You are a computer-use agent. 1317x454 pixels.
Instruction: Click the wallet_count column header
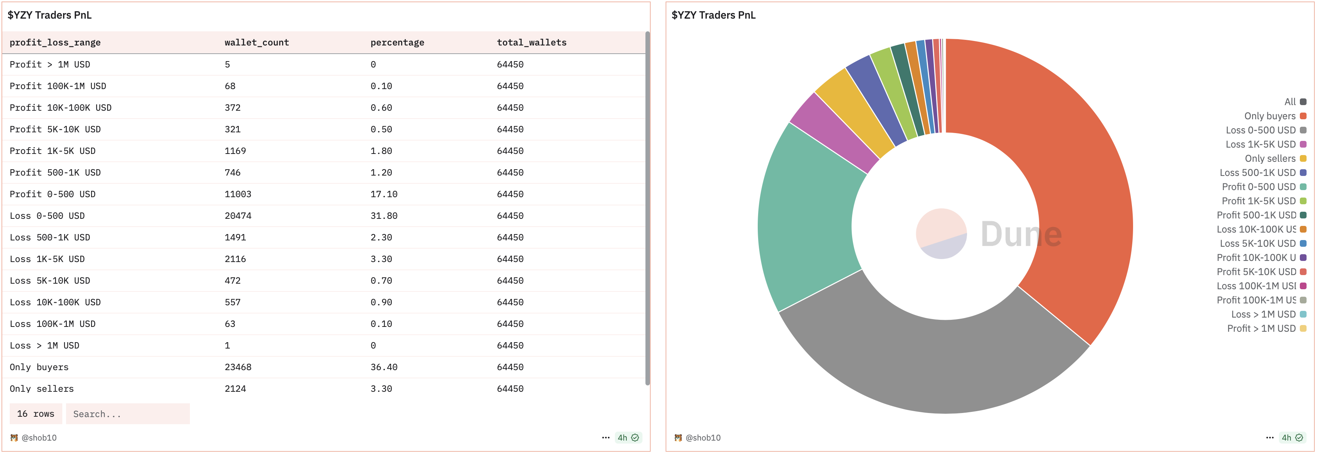click(x=257, y=42)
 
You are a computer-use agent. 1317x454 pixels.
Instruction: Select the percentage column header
click(x=397, y=42)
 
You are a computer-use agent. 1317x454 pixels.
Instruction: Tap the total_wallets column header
click(x=531, y=42)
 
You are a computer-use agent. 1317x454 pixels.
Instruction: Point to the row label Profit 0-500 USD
click(x=52, y=194)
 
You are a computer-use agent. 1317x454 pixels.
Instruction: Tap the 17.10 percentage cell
click(x=384, y=194)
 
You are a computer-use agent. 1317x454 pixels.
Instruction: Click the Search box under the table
click(x=128, y=414)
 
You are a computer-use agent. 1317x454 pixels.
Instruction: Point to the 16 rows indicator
click(x=36, y=414)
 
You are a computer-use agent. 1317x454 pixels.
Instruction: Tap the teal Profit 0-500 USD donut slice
click(x=808, y=220)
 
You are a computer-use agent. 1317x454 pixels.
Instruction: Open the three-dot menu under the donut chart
click(x=1270, y=438)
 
